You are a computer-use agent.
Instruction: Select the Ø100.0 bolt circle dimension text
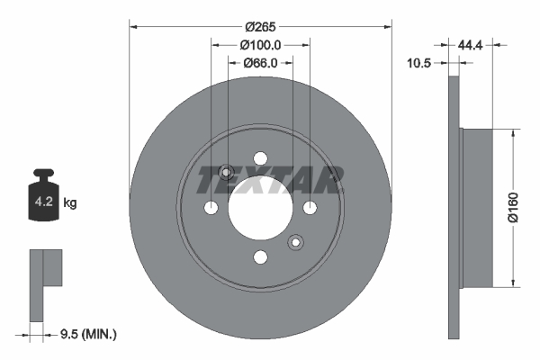click(x=261, y=44)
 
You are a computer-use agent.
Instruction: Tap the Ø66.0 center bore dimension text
click(x=261, y=63)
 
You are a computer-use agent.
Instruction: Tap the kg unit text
click(x=70, y=203)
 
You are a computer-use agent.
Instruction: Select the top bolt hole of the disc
click(x=261, y=158)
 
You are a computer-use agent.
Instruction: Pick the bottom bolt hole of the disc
click(x=261, y=258)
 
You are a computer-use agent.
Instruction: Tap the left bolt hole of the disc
click(x=211, y=209)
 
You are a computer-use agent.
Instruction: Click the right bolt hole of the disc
click(x=310, y=209)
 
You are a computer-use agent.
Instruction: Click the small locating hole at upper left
click(x=227, y=173)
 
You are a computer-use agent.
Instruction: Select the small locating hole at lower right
click(x=294, y=241)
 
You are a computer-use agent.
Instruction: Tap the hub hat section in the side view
click(x=477, y=207)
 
